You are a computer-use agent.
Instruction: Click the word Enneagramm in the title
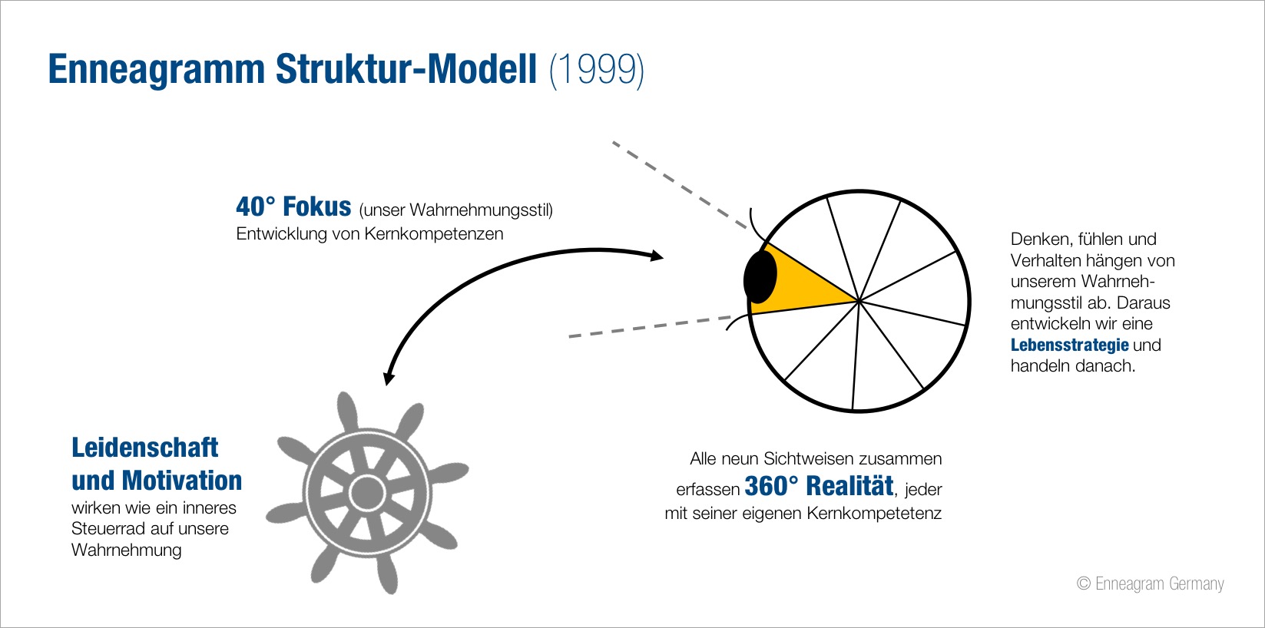point(157,70)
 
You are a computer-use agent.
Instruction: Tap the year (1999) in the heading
point(596,70)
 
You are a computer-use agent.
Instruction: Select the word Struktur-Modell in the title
point(406,68)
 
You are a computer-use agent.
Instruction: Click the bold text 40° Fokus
point(293,207)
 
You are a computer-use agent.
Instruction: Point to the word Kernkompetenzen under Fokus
point(434,233)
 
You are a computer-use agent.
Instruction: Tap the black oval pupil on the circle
point(760,277)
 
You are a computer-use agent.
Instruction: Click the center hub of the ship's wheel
point(367,493)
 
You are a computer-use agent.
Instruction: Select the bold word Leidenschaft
point(144,448)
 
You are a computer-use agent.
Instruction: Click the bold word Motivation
point(182,481)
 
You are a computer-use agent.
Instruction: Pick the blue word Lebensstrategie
point(1070,345)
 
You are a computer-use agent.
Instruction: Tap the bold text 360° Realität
point(819,486)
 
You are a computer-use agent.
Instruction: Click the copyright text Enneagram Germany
point(1160,583)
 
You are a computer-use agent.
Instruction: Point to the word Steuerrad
point(104,529)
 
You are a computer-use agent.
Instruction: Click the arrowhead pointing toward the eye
point(656,256)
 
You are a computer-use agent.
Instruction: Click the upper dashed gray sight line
point(680,185)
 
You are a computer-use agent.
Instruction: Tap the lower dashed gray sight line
point(650,327)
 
